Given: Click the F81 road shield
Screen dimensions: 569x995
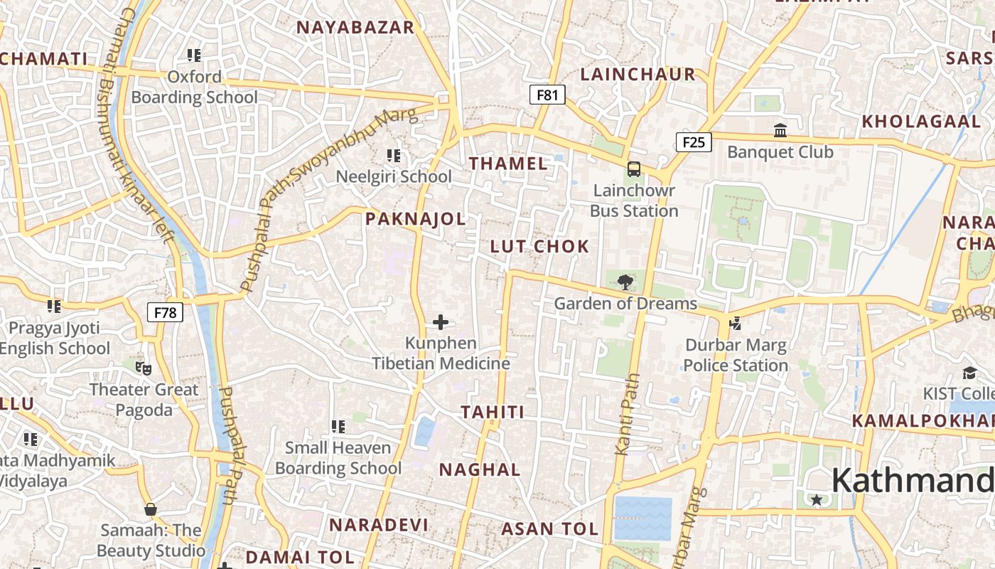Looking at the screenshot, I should [x=547, y=95].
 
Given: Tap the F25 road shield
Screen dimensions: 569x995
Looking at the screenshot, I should [x=693, y=142].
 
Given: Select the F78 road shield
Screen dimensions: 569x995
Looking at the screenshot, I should [x=165, y=312].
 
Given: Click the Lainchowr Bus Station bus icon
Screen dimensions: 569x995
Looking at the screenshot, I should [x=633, y=169].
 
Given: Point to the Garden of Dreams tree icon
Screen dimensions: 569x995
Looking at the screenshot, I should [x=625, y=282].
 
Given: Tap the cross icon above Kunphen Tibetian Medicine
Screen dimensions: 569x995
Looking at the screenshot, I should [x=441, y=322].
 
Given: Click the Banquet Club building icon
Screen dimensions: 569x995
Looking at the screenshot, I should [x=780, y=130].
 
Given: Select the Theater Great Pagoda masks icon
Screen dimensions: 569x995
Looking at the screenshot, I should [x=144, y=368].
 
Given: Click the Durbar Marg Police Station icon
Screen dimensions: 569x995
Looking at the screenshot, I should [x=736, y=324].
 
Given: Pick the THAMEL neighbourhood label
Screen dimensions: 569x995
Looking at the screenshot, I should [x=508, y=164].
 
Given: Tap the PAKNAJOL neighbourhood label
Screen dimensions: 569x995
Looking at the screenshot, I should [x=416, y=219].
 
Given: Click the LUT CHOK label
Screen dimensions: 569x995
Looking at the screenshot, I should [x=540, y=247].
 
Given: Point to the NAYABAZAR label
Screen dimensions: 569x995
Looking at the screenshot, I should [x=355, y=28].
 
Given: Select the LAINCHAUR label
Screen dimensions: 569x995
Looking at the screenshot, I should [x=638, y=74].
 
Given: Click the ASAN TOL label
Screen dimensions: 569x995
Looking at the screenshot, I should [x=549, y=529].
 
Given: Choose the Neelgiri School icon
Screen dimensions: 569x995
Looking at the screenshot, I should [x=393, y=155].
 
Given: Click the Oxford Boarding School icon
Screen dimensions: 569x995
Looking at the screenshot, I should [x=194, y=55].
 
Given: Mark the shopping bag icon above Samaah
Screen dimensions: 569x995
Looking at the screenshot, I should [x=151, y=509].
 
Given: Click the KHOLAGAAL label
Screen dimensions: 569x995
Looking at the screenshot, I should [x=921, y=122].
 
